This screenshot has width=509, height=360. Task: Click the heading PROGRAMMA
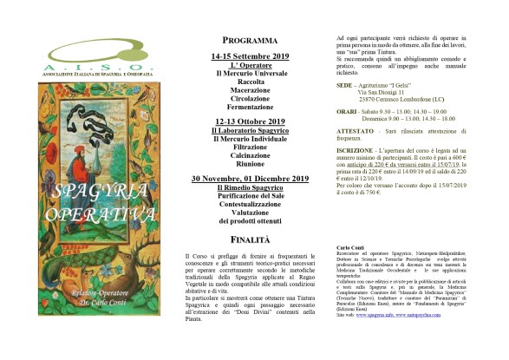click(x=250, y=41)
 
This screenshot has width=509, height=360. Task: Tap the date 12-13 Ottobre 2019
click(x=250, y=121)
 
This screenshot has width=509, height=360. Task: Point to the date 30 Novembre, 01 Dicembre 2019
click(x=250, y=179)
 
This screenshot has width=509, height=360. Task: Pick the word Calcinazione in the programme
click(x=250, y=155)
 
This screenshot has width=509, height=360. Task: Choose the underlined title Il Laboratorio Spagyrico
click(x=250, y=130)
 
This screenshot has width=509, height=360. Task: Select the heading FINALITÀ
click(x=250, y=237)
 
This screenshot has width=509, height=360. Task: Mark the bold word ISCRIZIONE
click(x=355, y=151)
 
